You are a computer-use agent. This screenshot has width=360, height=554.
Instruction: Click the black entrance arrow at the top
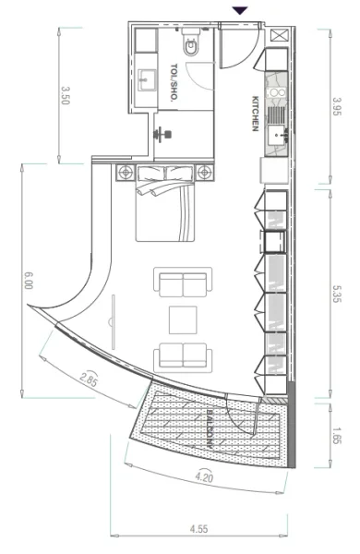click(240, 10)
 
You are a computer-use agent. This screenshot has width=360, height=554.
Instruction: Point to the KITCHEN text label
click(255, 113)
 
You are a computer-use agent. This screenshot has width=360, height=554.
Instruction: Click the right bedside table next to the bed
click(204, 172)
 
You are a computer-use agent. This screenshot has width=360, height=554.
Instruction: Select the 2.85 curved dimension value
click(89, 379)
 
